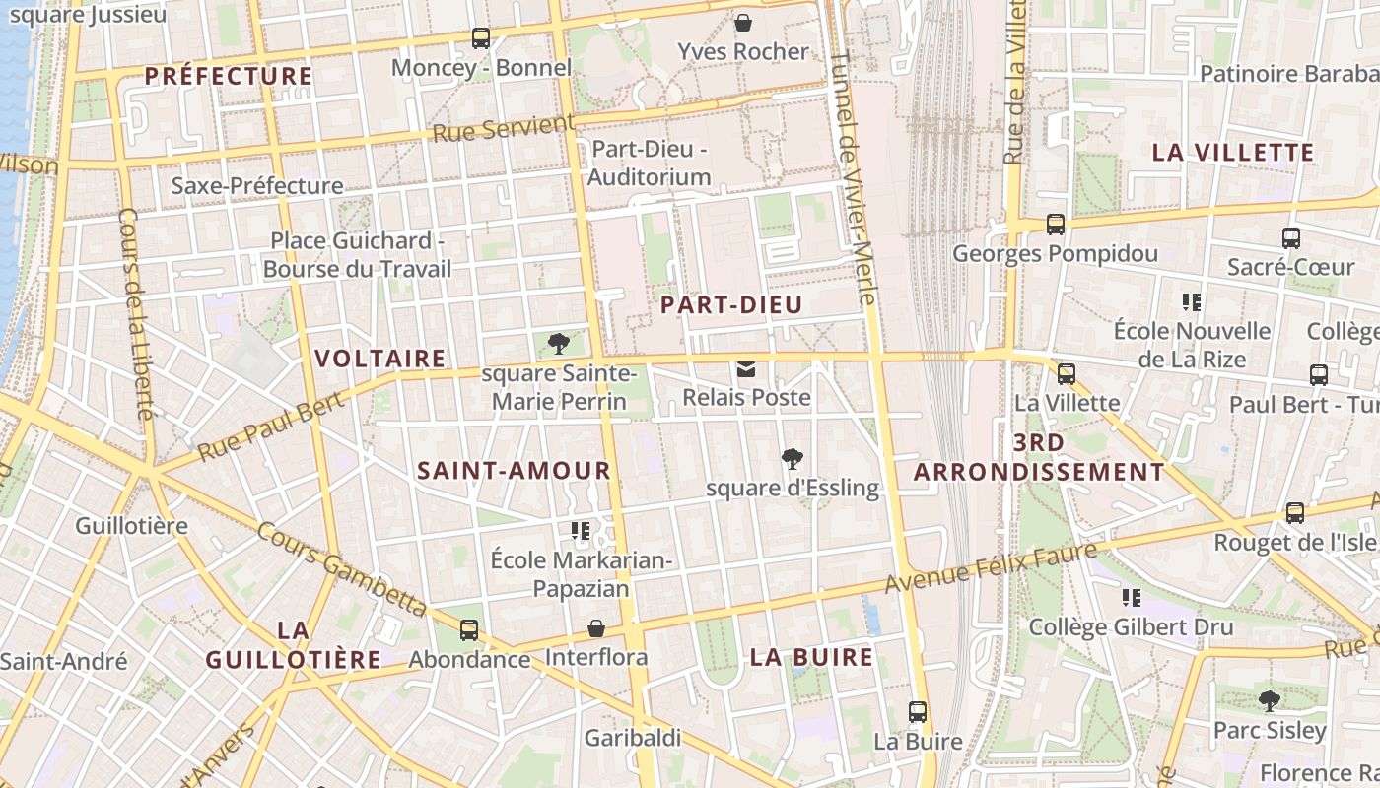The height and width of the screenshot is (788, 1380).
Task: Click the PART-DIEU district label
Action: tap(731, 305)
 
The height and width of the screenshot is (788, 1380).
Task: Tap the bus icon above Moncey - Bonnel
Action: tap(481, 38)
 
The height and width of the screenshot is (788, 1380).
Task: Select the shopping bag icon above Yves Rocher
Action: tap(743, 22)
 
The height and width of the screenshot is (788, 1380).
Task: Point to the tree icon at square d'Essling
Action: tap(791, 458)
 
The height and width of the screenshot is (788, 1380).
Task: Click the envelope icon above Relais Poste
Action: tap(746, 370)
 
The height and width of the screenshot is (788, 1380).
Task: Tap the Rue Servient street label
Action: tap(503, 129)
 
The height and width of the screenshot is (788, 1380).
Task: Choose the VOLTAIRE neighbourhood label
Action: tap(379, 359)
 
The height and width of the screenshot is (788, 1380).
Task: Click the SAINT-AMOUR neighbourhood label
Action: tap(514, 471)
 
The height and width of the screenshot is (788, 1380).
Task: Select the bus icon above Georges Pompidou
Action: tap(1056, 225)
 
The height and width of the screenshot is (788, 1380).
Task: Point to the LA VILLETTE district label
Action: tap(1233, 153)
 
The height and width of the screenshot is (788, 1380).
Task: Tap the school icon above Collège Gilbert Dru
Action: tap(1132, 597)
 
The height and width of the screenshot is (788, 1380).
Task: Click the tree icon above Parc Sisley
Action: tap(1270, 701)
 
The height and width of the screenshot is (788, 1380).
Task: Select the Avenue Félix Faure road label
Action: tap(990, 568)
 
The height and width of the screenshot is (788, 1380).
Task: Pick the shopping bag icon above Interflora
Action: tap(596, 628)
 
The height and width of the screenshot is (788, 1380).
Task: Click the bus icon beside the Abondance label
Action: tap(469, 630)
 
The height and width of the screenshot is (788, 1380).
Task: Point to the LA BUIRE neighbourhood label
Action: tap(811, 657)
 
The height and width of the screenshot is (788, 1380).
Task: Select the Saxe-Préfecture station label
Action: tap(257, 185)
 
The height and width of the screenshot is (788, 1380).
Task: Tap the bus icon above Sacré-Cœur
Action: tap(1291, 237)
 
